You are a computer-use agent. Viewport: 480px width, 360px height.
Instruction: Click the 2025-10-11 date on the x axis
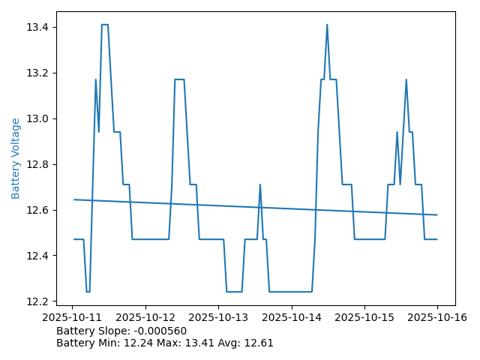[72, 317]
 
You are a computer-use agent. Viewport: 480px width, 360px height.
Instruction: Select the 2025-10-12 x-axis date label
[145, 317]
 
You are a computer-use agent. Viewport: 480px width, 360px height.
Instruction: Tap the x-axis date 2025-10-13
[218, 317]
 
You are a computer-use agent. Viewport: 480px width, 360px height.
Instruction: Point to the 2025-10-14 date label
[291, 317]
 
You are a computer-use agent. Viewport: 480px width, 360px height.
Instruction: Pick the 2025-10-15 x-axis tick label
[364, 317]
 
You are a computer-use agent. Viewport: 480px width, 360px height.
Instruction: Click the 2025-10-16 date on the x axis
[437, 317]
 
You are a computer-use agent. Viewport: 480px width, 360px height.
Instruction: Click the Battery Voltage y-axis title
[16, 158]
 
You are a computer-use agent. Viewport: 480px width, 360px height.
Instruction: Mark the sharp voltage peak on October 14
[327, 25]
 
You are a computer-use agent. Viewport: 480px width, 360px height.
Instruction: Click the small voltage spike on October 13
[260, 184]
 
